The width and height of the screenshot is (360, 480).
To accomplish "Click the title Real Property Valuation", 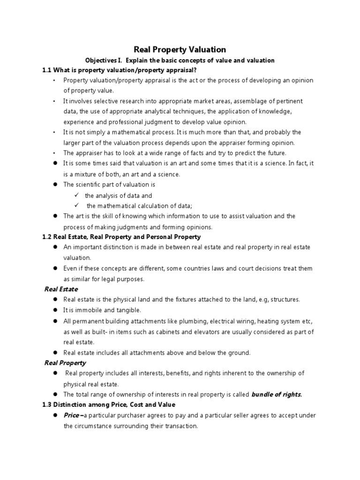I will [x=180, y=49].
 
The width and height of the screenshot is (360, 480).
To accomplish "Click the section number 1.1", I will [x=47, y=70].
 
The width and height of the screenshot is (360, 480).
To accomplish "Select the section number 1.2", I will [x=47, y=237].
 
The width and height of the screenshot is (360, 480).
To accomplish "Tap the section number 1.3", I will [x=47, y=404].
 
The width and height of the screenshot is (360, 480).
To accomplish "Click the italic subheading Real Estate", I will [x=61, y=289].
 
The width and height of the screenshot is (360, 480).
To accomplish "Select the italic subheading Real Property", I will [x=65, y=362].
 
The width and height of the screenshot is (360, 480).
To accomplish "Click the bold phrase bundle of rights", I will [x=277, y=394].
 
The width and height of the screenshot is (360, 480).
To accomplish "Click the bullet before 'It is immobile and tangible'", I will [x=55, y=310].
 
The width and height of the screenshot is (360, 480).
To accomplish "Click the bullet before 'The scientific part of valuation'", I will [x=55, y=185].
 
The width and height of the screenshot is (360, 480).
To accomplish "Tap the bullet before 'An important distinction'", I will [x=55, y=247].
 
